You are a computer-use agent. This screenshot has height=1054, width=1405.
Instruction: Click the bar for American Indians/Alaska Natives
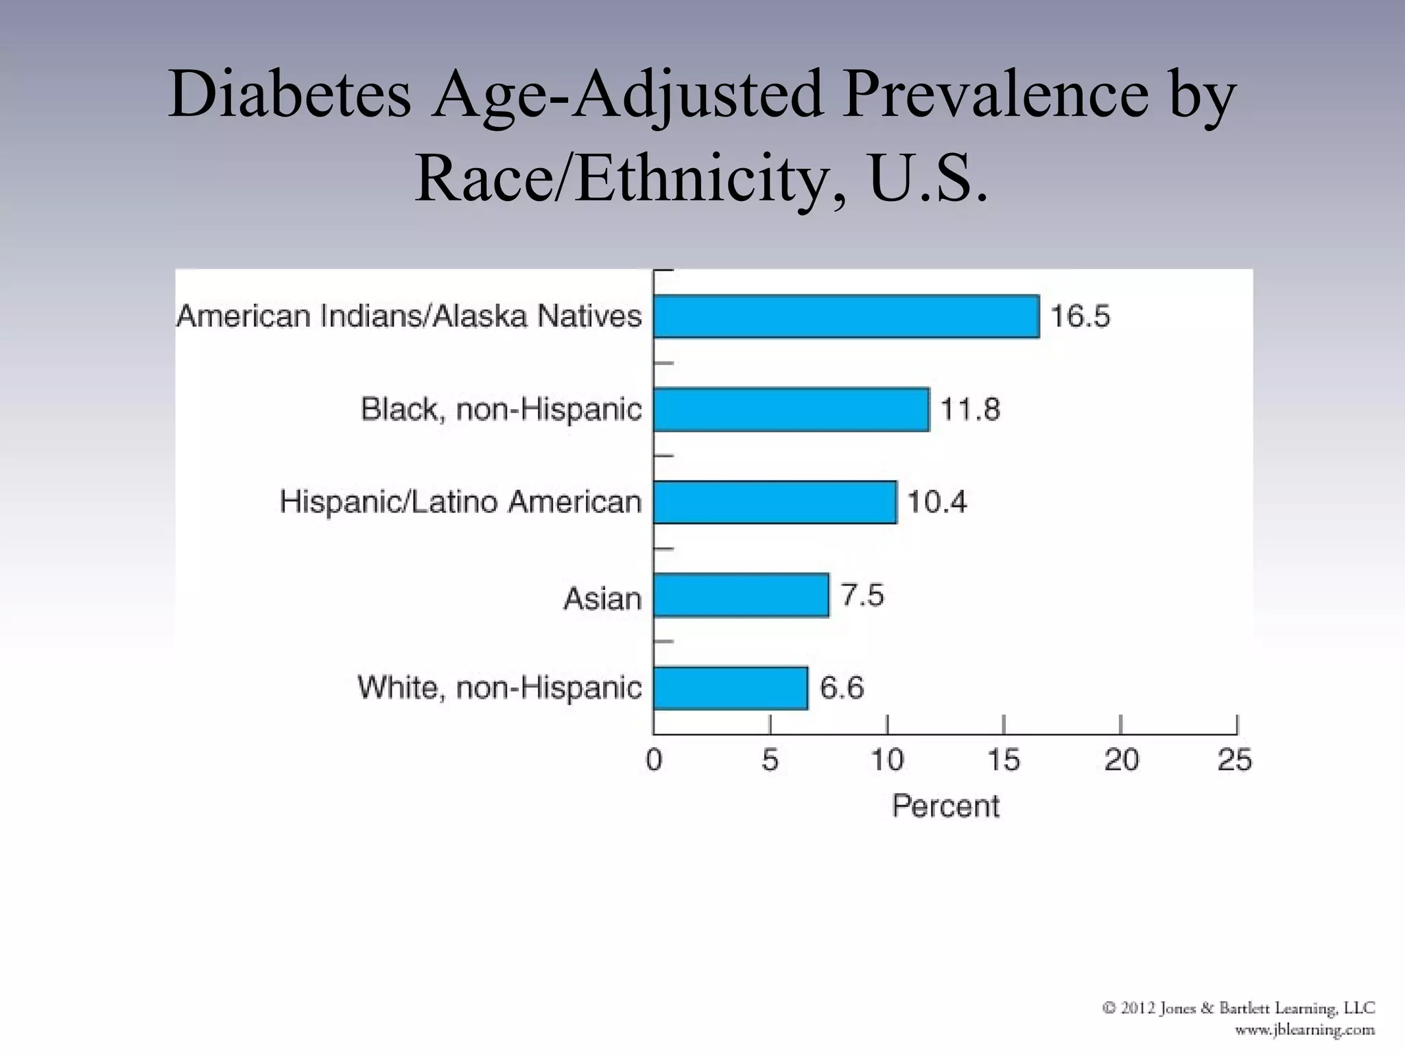[846, 316]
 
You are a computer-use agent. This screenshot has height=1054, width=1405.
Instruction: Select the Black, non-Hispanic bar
[791, 410]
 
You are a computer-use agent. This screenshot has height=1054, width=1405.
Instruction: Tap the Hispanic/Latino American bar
[775, 502]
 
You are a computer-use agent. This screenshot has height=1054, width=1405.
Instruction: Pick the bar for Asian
[741, 595]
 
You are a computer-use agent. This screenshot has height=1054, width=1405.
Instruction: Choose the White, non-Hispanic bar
[730, 688]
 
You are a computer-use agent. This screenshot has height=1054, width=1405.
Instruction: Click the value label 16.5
[1080, 316]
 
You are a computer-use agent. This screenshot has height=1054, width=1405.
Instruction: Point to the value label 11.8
[969, 410]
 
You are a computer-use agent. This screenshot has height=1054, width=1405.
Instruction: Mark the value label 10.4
[936, 502]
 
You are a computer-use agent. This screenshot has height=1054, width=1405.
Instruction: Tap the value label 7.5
[862, 595]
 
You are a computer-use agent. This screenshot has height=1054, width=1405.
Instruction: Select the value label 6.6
[842, 688]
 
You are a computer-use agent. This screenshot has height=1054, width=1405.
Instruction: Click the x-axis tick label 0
[654, 760]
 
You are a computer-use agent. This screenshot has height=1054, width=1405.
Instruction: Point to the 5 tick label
[770, 760]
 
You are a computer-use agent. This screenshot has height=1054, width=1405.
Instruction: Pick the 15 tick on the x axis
[1004, 760]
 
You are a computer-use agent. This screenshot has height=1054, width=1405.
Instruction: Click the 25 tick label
[1235, 760]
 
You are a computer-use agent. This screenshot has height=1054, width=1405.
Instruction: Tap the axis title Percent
[945, 806]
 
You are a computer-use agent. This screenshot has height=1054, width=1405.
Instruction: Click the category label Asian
[602, 599]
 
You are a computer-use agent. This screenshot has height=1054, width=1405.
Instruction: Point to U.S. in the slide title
[928, 178]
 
